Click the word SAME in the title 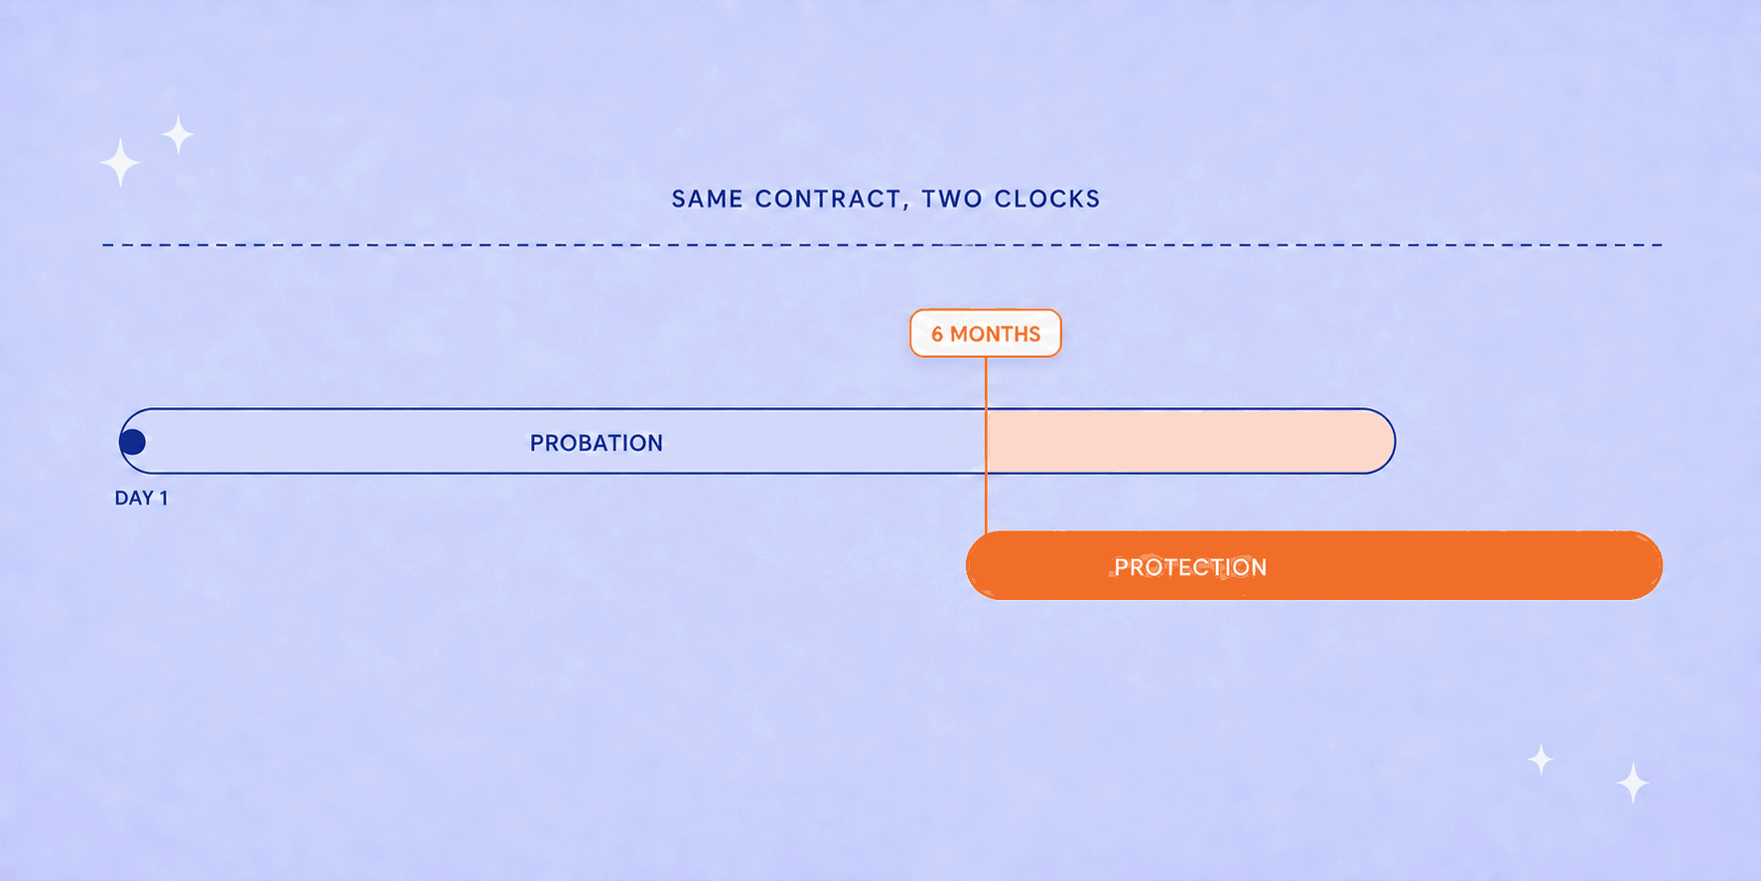707,199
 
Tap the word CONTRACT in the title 828,199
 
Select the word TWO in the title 952,199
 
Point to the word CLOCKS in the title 1047,199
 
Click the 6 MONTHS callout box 986,334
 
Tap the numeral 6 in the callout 937,335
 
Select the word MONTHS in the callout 996,335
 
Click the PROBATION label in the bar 597,443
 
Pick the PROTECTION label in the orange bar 1190,567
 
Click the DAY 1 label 141,498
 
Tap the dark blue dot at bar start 133,442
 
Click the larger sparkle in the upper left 120,163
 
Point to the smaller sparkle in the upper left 179,134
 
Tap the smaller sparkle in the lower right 1541,760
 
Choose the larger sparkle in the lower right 1633,784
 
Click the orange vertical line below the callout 986,444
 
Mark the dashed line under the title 882,244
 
